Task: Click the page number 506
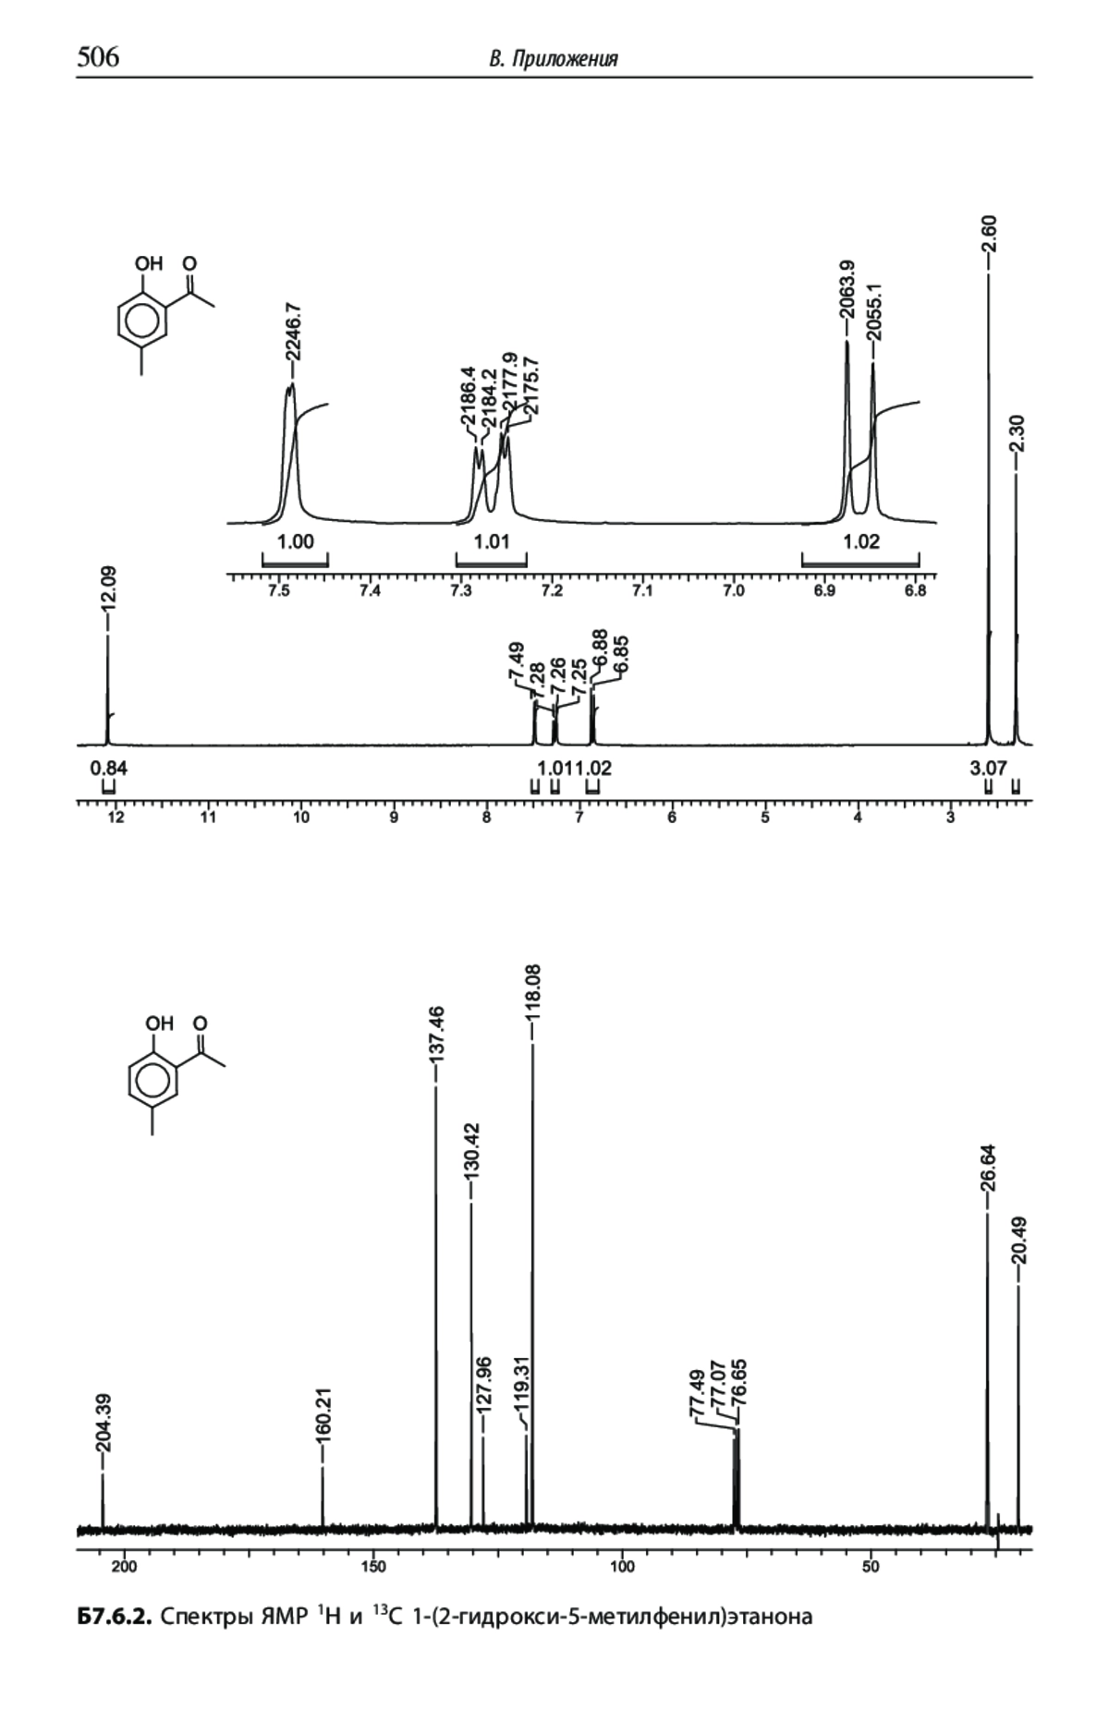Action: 98,58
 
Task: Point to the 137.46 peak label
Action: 438,1036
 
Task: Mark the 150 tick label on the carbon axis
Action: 373,1567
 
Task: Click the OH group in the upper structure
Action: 149,263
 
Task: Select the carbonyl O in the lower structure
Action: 201,1024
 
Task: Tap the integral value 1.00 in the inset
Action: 296,541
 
